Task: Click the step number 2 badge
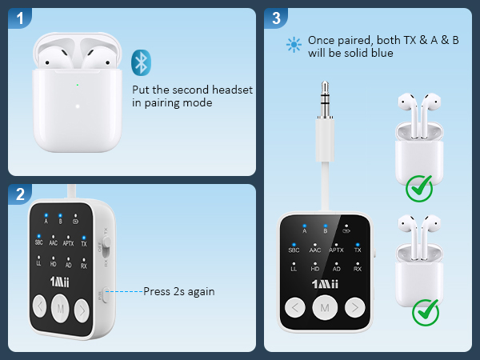[x=22, y=194]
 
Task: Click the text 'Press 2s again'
[x=178, y=291]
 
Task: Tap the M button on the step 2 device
[x=61, y=306]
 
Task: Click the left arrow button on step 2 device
[x=39, y=306]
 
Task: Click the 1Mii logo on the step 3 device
[x=326, y=284]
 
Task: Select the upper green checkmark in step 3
[x=418, y=190]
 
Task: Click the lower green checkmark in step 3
[x=425, y=311]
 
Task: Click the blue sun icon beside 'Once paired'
[x=293, y=46]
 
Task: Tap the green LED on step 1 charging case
[x=77, y=85]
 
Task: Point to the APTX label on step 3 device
[x=337, y=250]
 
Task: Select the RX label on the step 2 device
[x=83, y=265]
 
